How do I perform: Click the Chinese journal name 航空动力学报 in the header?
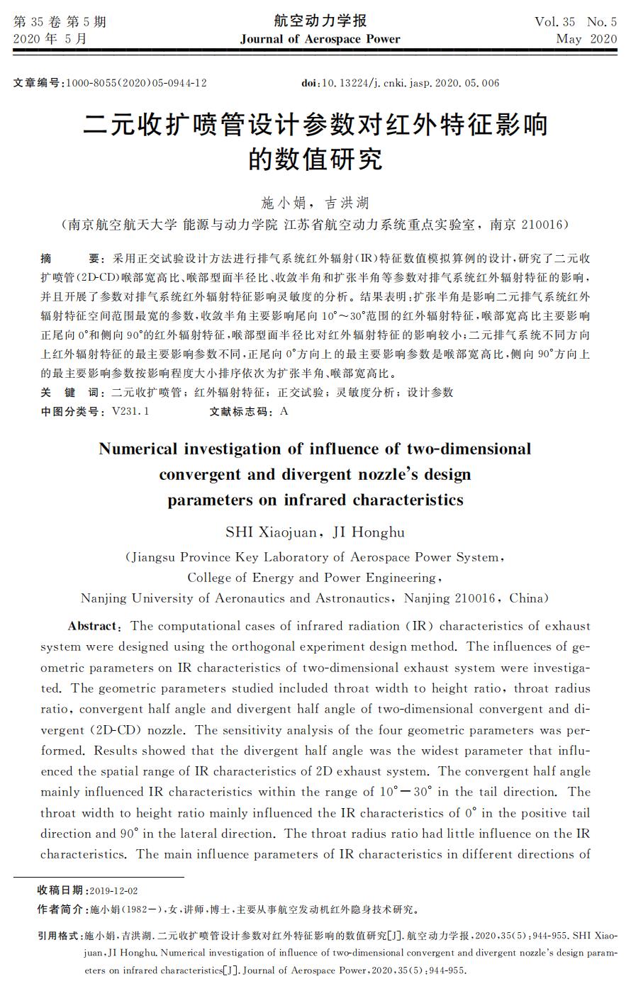point(320,21)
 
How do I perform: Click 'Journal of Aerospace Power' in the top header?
point(320,39)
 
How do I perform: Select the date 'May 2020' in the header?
point(586,39)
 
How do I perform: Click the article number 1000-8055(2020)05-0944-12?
point(136,83)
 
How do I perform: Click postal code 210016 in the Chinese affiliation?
point(542,225)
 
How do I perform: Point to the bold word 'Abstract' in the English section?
point(93,626)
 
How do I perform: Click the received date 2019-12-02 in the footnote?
point(114,890)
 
